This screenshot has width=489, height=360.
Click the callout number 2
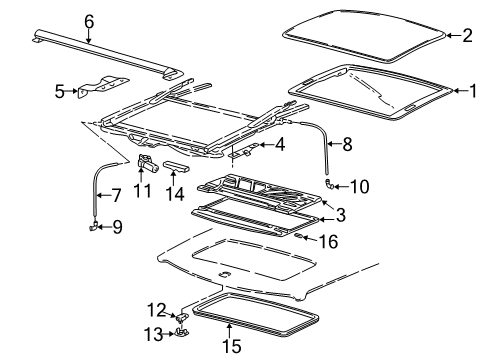tap(466, 36)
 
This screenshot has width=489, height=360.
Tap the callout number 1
tap(473, 91)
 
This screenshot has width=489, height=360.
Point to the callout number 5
tap(59, 92)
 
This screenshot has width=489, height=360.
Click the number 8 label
tap(347, 143)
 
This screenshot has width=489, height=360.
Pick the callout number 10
tap(361, 186)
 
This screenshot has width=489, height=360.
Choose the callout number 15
tap(231, 348)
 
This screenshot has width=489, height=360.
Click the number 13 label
tap(154, 332)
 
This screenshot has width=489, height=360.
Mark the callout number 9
tap(118, 228)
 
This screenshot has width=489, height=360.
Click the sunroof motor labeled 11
tap(146, 162)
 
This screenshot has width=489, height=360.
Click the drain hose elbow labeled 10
tap(332, 185)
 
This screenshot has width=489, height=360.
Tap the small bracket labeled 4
tap(242, 152)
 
